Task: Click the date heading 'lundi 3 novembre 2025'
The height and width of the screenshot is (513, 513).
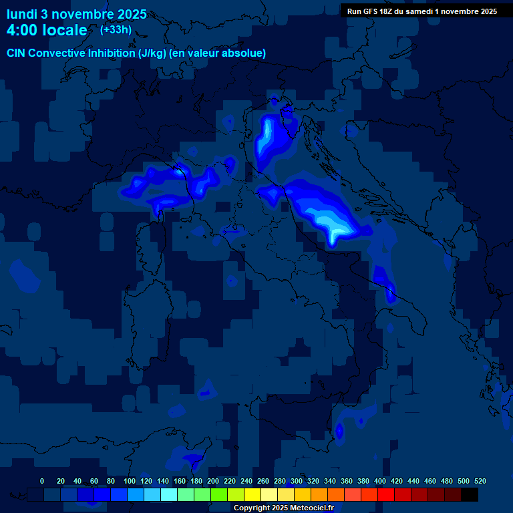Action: point(76,14)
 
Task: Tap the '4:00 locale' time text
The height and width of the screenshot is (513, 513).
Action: point(47,30)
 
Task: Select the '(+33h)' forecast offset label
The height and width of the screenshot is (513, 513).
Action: point(116,29)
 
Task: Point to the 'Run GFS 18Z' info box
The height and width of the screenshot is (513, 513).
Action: point(421,11)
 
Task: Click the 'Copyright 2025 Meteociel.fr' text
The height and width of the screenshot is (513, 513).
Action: point(283,508)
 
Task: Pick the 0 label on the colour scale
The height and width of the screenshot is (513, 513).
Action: point(42,481)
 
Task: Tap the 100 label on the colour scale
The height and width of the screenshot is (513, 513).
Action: point(129,481)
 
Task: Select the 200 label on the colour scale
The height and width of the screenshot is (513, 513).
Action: point(212,481)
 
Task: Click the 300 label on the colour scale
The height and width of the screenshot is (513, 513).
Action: point(296,481)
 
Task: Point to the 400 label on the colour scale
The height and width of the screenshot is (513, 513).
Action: point(379,481)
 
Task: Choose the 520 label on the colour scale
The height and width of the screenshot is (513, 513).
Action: point(480,481)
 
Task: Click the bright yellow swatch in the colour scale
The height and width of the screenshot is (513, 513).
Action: point(252,495)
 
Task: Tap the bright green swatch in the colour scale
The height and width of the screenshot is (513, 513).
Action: point(219,495)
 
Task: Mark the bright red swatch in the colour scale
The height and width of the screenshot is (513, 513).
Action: point(386,495)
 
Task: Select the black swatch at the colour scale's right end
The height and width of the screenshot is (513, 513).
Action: point(470,495)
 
